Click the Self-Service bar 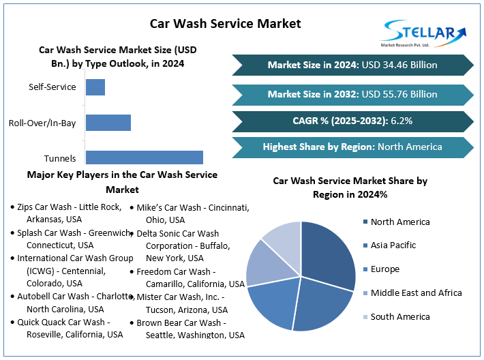[95, 87]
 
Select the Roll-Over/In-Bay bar [108, 123]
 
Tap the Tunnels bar [144, 157]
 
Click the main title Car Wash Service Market [225, 23]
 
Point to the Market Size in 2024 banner [352, 65]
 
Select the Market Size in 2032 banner [352, 94]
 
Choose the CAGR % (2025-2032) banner [352, 121]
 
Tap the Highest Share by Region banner [352, 147]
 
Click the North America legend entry [399, 222]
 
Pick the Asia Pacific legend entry [393, 245]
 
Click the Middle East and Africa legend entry [415, 292]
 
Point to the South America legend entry [399, 316]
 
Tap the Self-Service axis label [52, 87]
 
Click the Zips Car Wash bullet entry [68, 213]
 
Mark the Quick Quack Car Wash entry [68, 329]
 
